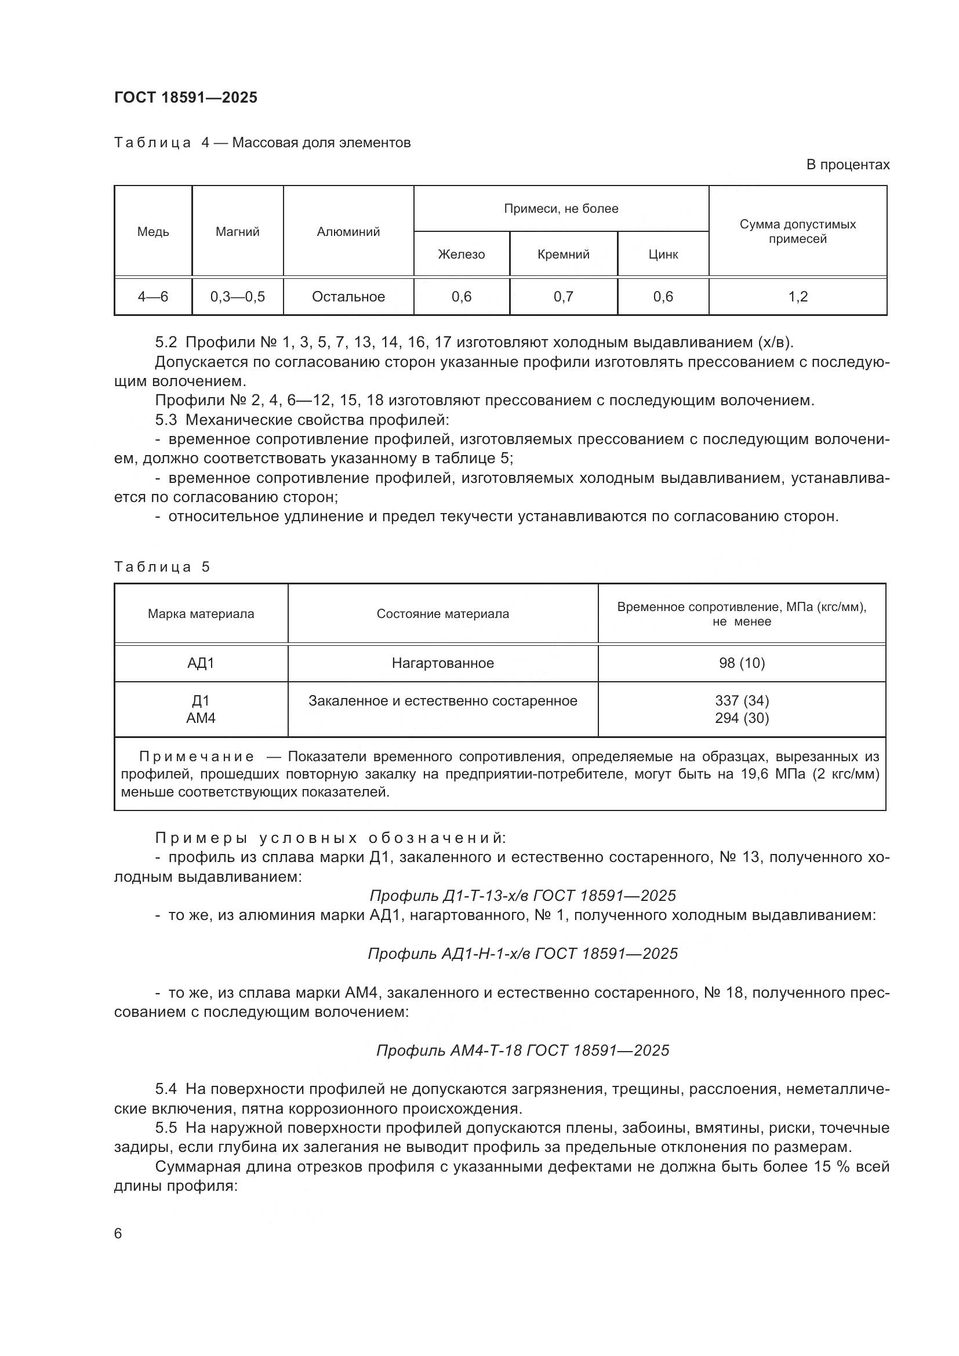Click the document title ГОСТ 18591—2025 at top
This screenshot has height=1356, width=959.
pyautogui.click(x=186, y=97)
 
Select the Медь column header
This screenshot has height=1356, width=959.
pyautogui.click(x=153, y=231)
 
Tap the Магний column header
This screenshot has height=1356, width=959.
pyautogui.click(x=237, y=231)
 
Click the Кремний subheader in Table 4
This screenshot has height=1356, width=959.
pyautogui.click(x=564, y=254)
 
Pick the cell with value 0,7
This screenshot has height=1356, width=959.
pyautogui.click(x=564, y=296)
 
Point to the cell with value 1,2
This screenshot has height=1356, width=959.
pyautogui.click(x=798, y=296)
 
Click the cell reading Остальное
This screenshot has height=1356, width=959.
pyautogui.click(x=348, y=296)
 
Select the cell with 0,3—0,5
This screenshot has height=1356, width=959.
pyautogui.click(x=237, y=296)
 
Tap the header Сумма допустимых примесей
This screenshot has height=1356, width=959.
pyautogui.click(x=798, y=231)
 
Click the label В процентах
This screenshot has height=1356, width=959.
pyautogui.click(x=848, y=165)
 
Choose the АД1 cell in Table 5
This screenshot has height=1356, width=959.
pyautogui.click(x=201, y=663)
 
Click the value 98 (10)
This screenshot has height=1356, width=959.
pyautogui.click(x=742, y=663)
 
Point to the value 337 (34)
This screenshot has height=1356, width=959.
pyautogui.click(x=742, y=700)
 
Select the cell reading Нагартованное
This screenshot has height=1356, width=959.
pyautogui.click(x=443, y=663)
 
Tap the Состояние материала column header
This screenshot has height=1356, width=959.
pyautogui.click(x=443, y=613)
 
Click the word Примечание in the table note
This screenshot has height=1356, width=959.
pyautogui.click(x=197, y=757)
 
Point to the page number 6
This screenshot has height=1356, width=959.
pyautogui.click(x=118, y=1234)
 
